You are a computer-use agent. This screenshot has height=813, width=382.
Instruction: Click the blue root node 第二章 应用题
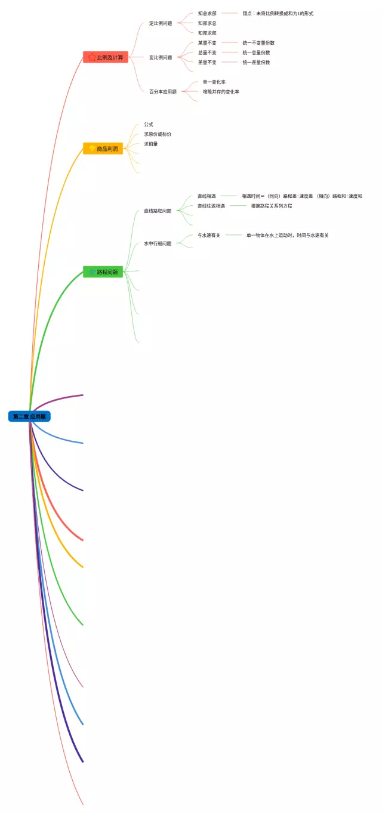[29, 416]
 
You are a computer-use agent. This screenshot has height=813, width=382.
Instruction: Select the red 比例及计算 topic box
[106, 57]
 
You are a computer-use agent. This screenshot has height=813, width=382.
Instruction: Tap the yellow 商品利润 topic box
[103, 149]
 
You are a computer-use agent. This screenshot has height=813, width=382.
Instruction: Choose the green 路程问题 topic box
[103, 272]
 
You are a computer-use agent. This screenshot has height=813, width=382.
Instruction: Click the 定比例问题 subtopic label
[161, 23]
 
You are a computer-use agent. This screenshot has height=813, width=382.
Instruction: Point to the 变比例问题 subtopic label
[161, 57]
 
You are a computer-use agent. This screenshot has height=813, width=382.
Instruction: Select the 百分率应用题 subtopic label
[163, 92]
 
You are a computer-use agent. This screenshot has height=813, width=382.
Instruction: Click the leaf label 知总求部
[207, 13]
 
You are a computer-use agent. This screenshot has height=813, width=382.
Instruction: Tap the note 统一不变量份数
[258, 43]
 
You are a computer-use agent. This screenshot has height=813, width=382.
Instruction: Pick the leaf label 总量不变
[207, 52]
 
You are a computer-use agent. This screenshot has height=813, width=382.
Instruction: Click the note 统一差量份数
[256, 62]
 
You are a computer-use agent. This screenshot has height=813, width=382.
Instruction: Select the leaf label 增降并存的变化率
[221, 92]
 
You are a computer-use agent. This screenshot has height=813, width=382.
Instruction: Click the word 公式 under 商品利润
[149, 125]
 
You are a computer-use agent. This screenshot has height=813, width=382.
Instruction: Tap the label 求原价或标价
[158, 134]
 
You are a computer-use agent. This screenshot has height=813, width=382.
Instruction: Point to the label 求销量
[151, 144]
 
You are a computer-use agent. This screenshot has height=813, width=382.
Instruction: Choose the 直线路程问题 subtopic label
[158, 211]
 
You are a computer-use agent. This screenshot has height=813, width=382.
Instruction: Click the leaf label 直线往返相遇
[211, 206]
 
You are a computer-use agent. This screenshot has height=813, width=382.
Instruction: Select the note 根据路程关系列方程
[272, 206]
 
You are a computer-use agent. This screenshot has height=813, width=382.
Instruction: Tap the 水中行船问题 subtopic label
[158, 243]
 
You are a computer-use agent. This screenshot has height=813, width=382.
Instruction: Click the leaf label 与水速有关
[209, 236]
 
